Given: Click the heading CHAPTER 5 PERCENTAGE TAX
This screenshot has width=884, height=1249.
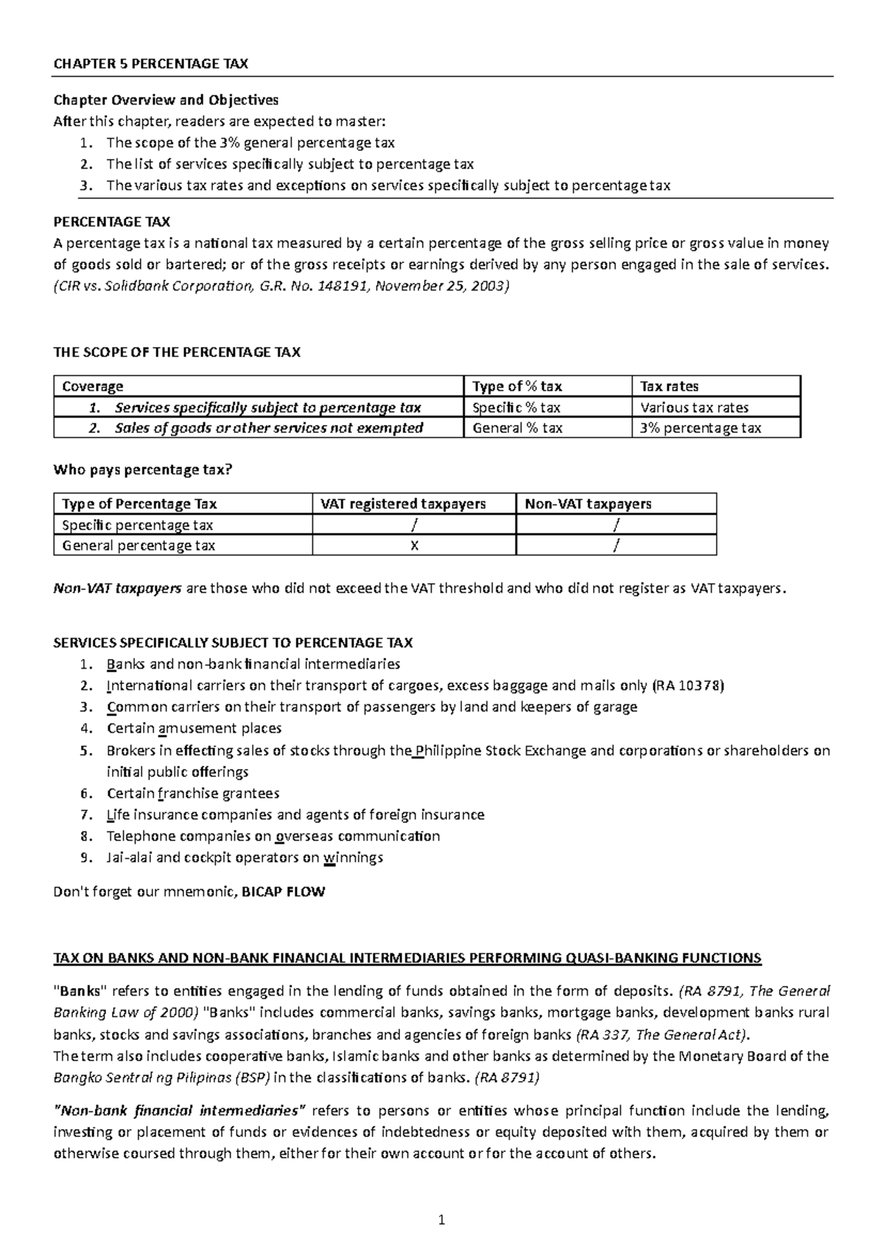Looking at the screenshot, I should pyautogui.click(x=151, y=63).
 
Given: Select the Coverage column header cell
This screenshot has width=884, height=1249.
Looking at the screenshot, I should pyautogui.click(x=93, y=386).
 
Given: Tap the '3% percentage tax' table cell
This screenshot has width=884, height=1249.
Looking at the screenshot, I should pyautogui.click(x=700, y=428).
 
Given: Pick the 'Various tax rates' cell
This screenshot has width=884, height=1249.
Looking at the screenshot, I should pyautogui.click(x=694, y=407).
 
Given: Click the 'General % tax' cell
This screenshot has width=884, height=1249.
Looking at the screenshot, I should pyautogui.click(x=517, y=428).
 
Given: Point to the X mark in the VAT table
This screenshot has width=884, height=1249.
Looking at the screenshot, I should pyautogui.click(x=414, y=546).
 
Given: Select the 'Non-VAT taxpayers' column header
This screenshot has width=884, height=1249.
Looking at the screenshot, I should pyautogui.click(x=588, y=504).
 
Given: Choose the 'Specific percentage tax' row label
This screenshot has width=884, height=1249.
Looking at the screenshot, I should pyautogui.click(x=138, y=525).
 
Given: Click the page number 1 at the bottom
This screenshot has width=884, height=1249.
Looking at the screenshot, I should pyautogui.click(x=442, y=1220).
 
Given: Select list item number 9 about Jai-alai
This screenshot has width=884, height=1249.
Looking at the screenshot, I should pyautogui.click(x=245, y=857).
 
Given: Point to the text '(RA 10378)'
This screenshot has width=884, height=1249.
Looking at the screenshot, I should pyautogui.click(x=689, y=686).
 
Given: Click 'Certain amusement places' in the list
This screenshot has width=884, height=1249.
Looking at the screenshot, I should pyautogui.click(x=194, y=728).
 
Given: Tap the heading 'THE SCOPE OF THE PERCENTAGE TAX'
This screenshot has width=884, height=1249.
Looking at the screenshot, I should pyautogui.click(x=177, y=352).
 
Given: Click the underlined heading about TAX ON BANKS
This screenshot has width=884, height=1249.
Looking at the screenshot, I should pyautogui.click(x=407, y=958).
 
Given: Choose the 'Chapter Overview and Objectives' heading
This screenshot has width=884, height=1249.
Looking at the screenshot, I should pyautogui.click(x=166, y=99).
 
